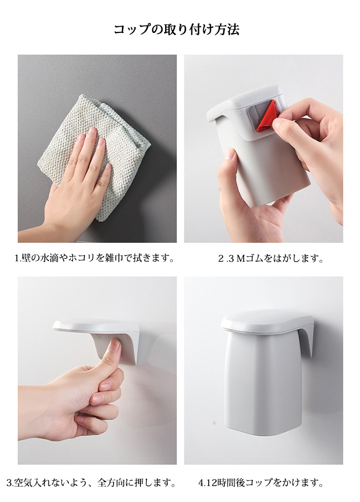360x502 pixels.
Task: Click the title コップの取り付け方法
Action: pyautogui.click(x=176, y=29)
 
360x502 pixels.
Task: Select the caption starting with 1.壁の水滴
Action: pyautogui.click(x=95, y=258)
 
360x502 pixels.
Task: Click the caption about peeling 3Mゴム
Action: pyautogui.click(x=271, y=258)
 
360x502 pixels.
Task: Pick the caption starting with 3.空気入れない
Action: pyautogui.click(x=91, y=482)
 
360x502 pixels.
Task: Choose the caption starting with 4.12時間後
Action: pyautogui.click(x=261, y=482)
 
